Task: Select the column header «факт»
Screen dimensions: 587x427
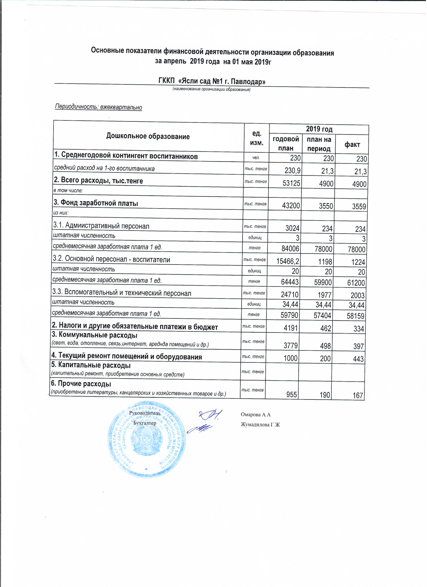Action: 352,144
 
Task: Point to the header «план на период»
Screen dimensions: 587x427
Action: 319,144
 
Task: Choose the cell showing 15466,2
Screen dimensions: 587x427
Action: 288,261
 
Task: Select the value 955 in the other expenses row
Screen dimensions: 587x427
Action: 292,395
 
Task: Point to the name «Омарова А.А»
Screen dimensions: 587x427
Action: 256,415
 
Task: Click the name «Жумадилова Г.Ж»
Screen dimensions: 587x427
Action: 260,425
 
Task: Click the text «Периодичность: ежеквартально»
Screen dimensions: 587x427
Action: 99,107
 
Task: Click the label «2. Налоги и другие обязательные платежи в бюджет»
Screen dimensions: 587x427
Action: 135,327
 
